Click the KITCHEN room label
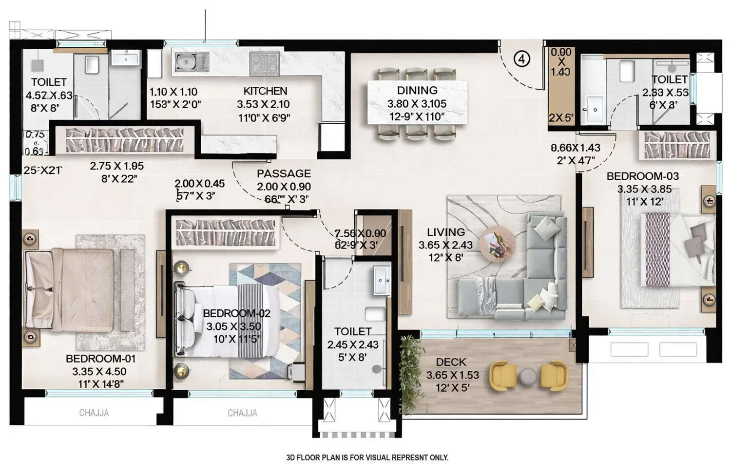tap(265, 91)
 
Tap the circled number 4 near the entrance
tap(521, 59)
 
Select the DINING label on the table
tap(417, 90)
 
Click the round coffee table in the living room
tap(497, 244)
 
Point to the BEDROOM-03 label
tap(642, 176)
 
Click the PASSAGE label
tap(284, 173)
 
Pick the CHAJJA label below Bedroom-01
tap(94, 413)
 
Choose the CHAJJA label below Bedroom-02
tap(242, 413)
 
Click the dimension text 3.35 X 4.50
tap(99, 372)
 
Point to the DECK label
tap(451, 362)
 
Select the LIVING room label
tap(445, 232)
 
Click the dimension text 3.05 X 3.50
tap(233, 326)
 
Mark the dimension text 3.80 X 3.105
tap(417, 103)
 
